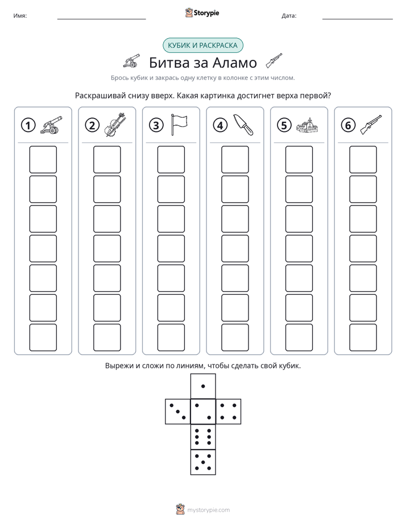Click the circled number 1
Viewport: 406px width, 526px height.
(28, 125)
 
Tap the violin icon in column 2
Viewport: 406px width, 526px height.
(114, 125)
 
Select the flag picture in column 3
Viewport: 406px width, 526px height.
(179, 124)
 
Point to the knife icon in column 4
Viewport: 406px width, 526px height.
(243, 125)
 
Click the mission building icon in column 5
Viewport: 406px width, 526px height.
(307, 125)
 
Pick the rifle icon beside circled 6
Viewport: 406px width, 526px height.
(371, 125)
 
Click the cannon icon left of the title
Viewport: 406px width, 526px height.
(132, 60)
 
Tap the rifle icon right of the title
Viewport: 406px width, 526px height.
(274, 60)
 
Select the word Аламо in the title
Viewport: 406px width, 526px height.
(235, 63)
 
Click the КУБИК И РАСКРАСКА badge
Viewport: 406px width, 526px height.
(202, 46)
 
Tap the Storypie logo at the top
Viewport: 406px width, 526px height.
(202, 13)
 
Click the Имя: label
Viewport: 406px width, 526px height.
(20, 16)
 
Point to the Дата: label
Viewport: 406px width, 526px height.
(289, 16)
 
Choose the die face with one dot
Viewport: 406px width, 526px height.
(203, 386)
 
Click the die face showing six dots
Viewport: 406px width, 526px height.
(203, 437)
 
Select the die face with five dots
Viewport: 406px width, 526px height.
(203, 462)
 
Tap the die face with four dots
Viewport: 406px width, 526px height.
(229, 412)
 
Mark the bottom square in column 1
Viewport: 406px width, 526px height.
(43, 338)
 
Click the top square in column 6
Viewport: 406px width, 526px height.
(363, 159)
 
